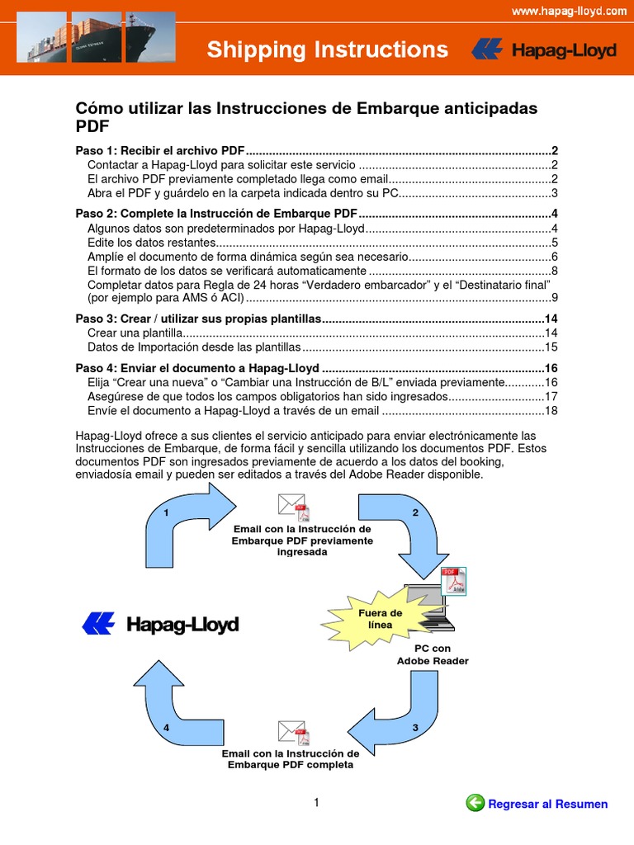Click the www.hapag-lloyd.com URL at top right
click(569, 11)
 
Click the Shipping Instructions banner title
click(328, 50)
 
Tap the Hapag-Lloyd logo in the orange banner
click(544, 50)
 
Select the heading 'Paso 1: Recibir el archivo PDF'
click(160, 151)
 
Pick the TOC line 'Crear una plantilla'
click(133, 333)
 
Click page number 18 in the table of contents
click(551, 410)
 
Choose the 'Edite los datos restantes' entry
click(151, 242)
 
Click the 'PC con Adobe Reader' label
click(433, 655)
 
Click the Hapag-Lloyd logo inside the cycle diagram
click(160, 625)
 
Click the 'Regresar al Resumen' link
click(548, 804)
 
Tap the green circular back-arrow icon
click(475, 802)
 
